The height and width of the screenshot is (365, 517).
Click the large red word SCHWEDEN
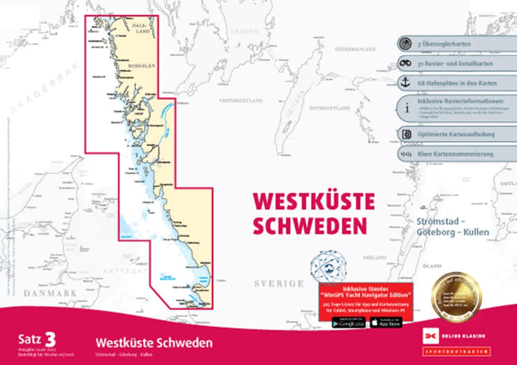tap(310, 225)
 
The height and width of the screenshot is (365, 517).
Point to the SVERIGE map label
tap(279, 284)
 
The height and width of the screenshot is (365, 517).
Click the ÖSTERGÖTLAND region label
tap(330, 108)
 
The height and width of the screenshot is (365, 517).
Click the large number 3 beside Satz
tap(50, 340)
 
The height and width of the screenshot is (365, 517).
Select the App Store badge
tap(386, 322)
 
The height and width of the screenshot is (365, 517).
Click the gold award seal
tap(457, 297)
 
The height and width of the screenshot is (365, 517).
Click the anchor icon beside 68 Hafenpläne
tap(405, 83)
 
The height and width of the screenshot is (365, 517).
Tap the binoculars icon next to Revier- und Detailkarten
tap(405, 63)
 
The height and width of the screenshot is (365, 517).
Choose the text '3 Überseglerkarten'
tap(444, 44)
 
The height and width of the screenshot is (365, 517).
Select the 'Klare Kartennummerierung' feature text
tap(455, 154)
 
